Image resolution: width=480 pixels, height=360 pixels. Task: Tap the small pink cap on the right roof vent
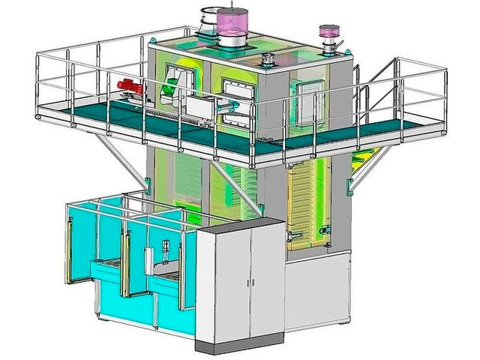327,32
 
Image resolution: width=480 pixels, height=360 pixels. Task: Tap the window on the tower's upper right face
310,103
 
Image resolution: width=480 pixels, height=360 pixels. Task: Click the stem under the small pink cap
328,46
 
